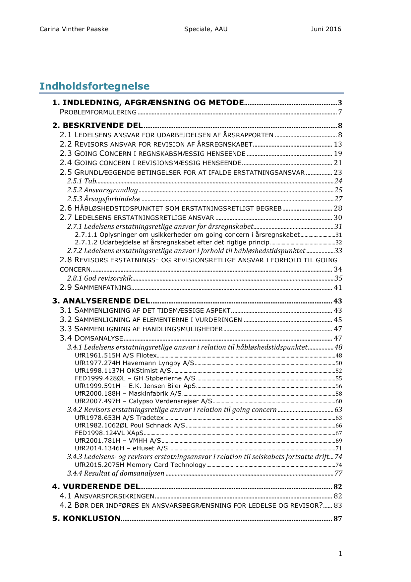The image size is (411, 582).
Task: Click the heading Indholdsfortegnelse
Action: click(94, 86)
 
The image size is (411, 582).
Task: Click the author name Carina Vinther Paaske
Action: click(74, 29)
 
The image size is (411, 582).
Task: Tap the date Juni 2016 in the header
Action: click(326, 29)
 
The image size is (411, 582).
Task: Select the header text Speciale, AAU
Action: click(206, 29)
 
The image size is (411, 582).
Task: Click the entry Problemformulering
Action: click(98, 112)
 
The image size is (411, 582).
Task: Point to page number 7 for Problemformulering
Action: click(340, 112)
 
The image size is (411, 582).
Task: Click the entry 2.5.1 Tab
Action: click(82, 181)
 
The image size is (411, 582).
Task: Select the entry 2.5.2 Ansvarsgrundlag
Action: click(102, 190)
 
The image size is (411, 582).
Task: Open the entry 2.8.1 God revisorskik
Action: click(99, 278)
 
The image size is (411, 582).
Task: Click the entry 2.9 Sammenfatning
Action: click(95, 288)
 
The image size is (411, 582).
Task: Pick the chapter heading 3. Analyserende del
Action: click(101, 301)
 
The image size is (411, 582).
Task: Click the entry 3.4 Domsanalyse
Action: click(91, 338)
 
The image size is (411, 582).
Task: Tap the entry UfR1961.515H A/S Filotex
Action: click(116, 356)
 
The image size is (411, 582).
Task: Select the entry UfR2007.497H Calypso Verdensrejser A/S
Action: click(143, 401)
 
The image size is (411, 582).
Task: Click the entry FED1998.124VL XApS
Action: click(109, 433)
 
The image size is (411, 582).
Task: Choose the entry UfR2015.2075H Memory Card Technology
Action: click(140, 465)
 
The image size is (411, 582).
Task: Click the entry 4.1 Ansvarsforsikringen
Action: click(107, 496)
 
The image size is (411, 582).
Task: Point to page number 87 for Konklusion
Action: click(338, 519)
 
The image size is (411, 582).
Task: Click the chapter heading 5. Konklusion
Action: click(86, 518)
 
